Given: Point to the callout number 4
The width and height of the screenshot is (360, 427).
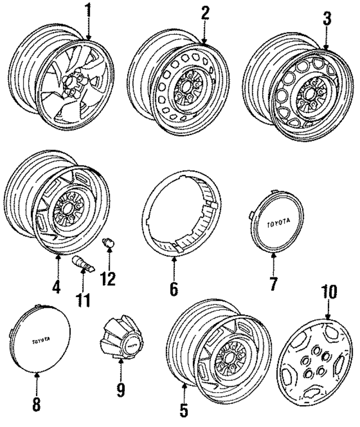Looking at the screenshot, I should click(56, 287).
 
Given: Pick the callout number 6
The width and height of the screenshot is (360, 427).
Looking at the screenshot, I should click(173, 289).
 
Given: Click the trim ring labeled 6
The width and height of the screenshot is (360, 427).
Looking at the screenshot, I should click(178, 219).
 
